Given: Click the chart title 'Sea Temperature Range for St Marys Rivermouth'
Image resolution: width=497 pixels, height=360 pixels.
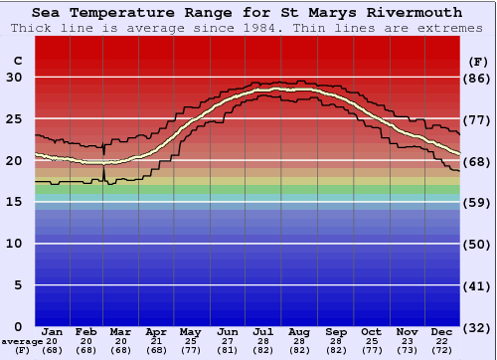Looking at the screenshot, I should coord(247,13).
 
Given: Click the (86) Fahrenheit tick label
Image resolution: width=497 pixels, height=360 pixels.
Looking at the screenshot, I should coord(478,78).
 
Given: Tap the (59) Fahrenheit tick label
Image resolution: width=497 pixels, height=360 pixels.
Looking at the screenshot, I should coord(478,202).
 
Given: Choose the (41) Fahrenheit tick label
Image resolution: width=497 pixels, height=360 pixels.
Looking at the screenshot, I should coord(478,285).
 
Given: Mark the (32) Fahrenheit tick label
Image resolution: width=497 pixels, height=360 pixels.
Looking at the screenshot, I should coord(478,326).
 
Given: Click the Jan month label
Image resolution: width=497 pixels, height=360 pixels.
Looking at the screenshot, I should coord(53,331).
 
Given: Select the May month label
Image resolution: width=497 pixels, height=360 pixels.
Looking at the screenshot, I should coord(190,331).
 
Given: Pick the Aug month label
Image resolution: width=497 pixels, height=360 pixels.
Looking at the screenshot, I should coord(299,331).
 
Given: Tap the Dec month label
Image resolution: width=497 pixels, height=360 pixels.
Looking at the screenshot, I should coord(443,331).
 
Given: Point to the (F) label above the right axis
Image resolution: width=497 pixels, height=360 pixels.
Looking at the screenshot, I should coord(477,61).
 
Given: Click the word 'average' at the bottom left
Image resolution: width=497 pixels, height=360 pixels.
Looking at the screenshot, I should coord(22,341).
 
